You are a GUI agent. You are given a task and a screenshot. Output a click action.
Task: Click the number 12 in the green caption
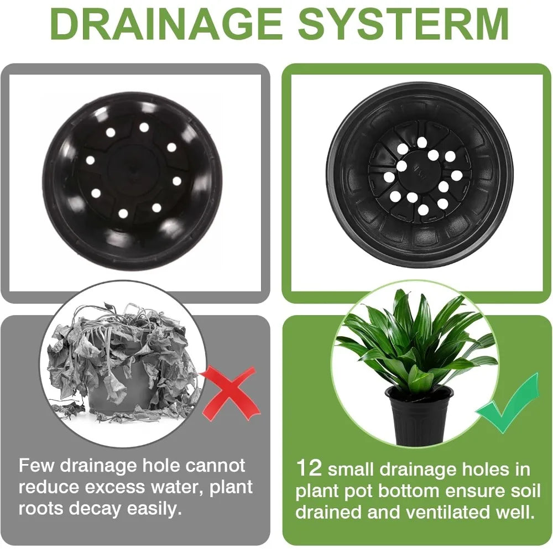pyautogui.click(x=309, y=469)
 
